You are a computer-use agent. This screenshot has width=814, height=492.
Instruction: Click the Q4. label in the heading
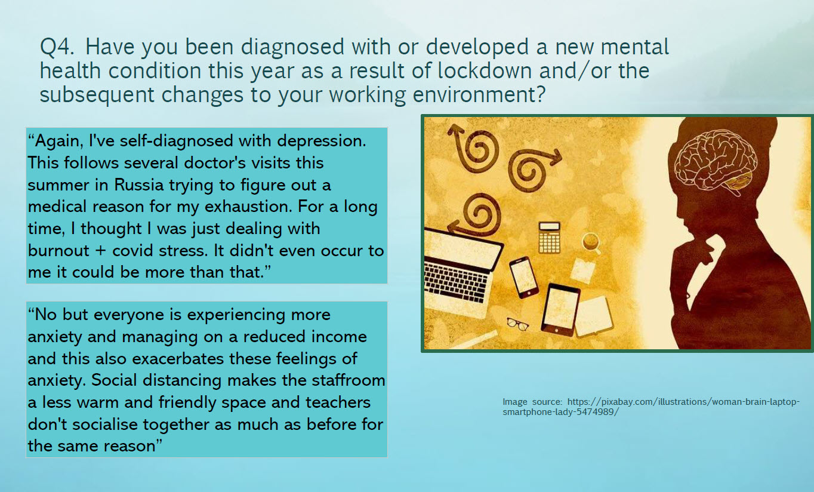57,47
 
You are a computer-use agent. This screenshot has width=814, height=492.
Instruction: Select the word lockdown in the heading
485,70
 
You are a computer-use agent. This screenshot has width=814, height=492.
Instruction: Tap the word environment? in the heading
479,95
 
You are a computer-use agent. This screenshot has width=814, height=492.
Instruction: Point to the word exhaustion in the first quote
248,207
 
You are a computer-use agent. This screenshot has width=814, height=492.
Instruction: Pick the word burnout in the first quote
58,251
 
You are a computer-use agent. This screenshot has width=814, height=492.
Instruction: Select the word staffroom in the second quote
348,380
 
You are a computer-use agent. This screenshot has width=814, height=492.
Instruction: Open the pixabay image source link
651,407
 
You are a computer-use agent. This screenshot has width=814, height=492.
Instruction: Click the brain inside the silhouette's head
715,163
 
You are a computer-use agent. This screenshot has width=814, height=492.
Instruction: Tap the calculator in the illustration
549,238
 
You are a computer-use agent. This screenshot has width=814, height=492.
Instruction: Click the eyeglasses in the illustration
517,324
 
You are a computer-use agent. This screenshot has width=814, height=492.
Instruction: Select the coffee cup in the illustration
591,242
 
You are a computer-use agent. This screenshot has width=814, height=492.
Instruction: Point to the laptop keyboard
456,282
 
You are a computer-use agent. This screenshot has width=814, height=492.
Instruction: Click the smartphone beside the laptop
524,277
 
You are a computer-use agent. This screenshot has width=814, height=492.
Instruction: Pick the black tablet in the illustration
560,309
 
